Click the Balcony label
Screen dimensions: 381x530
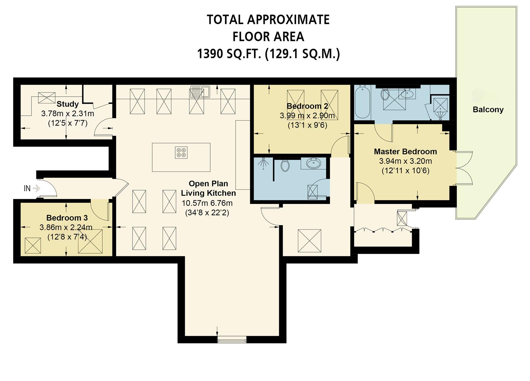(488, 110)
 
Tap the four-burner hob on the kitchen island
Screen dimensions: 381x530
(181, 152)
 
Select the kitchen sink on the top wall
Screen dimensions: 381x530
(200, 91)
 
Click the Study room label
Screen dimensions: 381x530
(67, 104)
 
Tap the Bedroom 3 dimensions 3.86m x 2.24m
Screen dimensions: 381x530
(66, 228)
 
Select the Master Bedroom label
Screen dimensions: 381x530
(405, 152)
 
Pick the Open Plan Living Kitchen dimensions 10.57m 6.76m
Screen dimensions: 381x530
(207, 203)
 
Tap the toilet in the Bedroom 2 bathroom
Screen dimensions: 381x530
(285, 165)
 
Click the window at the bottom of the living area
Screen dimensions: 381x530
(232, 340)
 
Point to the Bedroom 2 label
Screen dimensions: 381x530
(307, 106)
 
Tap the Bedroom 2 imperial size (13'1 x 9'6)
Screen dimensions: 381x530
(307, 125)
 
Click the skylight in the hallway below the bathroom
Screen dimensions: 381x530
(309, 241)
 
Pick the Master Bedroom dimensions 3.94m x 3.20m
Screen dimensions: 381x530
(405, 162)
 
